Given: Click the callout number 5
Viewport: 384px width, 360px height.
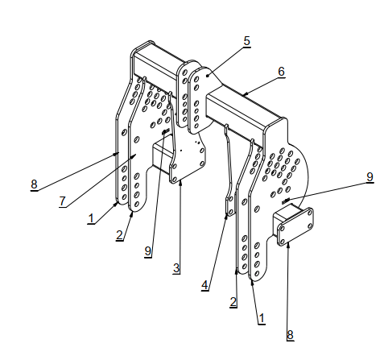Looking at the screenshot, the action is (246, 41).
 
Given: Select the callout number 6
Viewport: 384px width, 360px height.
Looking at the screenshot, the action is (281, 72).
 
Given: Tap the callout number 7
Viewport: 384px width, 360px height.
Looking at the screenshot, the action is (62, 201).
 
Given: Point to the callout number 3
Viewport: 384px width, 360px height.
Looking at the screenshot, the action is (176, 268).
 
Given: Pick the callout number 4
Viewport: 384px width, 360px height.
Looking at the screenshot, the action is (204, 285).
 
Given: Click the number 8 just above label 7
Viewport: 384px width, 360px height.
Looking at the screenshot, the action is (34, 184).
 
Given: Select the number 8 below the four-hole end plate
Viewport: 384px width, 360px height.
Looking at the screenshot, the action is (290, 335).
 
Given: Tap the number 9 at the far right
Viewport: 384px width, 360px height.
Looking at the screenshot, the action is (370, 177).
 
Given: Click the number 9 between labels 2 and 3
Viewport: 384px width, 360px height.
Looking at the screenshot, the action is (148, 251).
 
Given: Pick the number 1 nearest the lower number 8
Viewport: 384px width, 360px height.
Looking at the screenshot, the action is (262, 319).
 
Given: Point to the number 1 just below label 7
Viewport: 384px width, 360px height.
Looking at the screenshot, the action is (91, 218).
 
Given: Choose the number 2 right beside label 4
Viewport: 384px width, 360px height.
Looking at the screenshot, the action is (233, 302).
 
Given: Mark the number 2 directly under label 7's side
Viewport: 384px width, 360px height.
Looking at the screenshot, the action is (119, 235).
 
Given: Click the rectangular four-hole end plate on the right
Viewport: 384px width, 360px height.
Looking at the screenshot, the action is (295, 227).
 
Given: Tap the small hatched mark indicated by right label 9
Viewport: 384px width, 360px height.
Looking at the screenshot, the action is (286, 201).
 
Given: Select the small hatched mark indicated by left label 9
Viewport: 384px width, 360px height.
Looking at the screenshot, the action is (166, 131).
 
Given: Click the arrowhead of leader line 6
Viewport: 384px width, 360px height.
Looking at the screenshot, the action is (244, 94).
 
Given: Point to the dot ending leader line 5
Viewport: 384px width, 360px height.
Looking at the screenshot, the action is (208, 76).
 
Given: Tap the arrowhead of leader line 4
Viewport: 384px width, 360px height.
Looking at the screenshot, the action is (226, 217).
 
